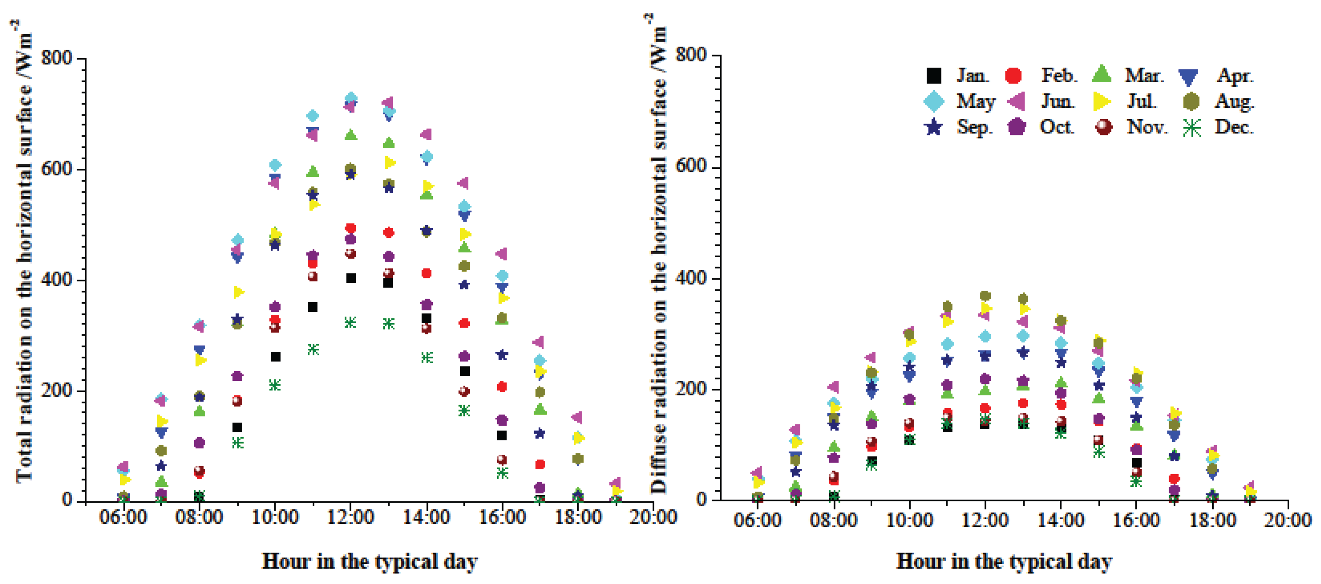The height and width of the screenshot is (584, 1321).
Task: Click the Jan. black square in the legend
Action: [934, 76]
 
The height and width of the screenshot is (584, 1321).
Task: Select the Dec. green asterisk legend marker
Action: [1192, 128]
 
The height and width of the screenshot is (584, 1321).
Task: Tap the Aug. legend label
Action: [1234, 102]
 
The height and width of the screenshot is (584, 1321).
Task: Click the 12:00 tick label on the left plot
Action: [350, 517]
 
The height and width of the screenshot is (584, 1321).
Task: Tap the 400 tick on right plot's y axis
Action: [692, 277]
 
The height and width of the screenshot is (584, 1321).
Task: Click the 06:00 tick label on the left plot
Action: [123, 517]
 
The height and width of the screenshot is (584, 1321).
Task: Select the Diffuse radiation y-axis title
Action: [658, 256]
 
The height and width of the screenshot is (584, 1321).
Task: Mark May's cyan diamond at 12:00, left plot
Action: [351, 98]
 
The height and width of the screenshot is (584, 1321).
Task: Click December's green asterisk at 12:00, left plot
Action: [350, 322]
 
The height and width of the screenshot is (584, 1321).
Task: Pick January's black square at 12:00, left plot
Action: [351, 278]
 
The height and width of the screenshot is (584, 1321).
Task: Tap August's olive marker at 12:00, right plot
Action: [985, 296]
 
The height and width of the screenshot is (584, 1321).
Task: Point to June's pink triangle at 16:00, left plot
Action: [502, 254]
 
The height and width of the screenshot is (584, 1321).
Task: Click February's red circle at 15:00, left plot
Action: [464, 323]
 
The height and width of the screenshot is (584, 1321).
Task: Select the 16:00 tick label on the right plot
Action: [1136, 520]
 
